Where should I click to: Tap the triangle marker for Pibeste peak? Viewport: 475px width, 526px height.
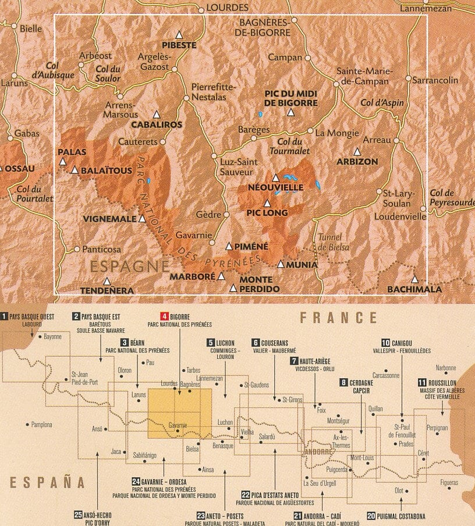[179, 34]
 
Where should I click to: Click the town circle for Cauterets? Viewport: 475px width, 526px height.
[163, 141]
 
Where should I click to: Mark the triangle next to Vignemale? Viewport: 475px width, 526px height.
[142, 219]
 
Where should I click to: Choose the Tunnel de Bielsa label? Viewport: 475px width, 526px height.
[334, 242]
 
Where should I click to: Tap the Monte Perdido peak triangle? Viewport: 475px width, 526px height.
[233, 288]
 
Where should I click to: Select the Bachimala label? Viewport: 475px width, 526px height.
[414, 289]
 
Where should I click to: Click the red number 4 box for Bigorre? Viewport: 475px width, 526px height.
[164, 317]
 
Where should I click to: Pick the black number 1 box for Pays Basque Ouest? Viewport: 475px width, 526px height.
[5, 317]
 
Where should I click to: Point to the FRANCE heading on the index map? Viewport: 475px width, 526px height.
[338, 318]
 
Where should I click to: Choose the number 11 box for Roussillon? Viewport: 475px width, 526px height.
[421, 382]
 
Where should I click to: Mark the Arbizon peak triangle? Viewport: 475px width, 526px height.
[357, 151]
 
